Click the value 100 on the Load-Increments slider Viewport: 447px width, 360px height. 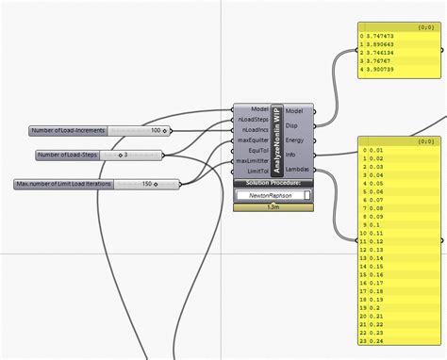[x=156, y=130]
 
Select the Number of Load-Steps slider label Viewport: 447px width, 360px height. [x=64, y=155]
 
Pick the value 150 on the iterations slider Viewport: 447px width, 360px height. [x=147, y=183]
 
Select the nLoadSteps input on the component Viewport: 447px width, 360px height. [x=250, y=120]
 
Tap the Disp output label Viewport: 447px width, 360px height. [x=292, y=124]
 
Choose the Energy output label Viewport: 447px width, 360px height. [x=294, y=139]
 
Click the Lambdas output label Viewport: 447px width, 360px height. [x=297, y=170]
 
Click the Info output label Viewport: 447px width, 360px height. [x=291, y=155]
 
